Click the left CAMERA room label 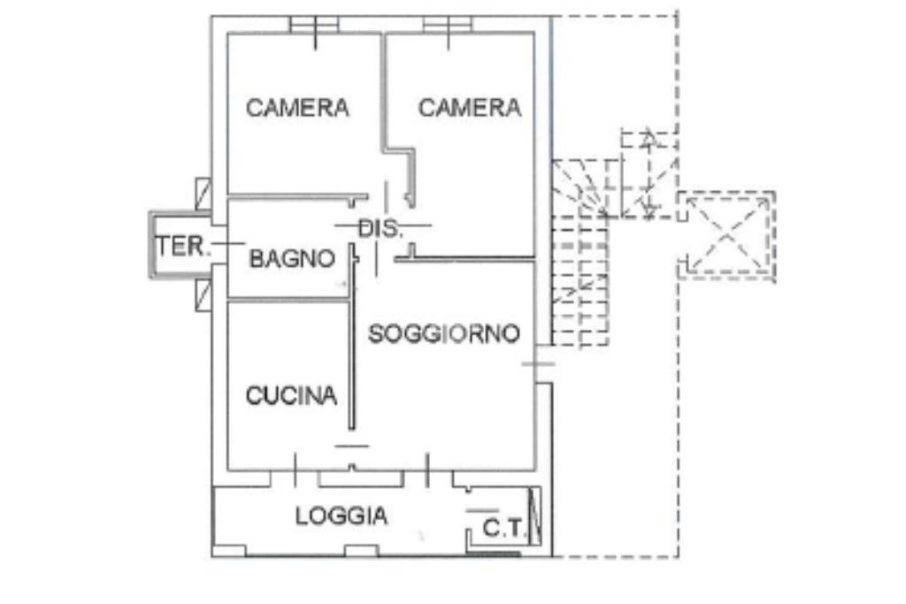[x=297, y=108]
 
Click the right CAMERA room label [x=470, y=108]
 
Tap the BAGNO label [x=292, y=259]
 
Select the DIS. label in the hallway [x=381, y=229]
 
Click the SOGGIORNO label [x=443, y=333]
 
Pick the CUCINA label [x=291, y=395]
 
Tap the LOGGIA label [x=342, y=516]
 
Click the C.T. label [x=503, y=530]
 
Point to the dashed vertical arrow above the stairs [x=649, y=172]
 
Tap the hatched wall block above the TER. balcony [x=203, y=194]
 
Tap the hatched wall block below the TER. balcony [x=203, y=294]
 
